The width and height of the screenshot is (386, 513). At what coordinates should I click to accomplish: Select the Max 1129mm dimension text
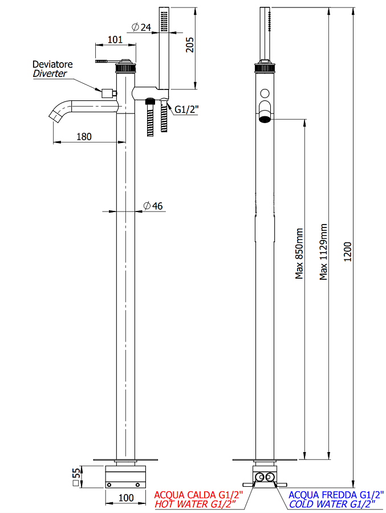pyautogui.click(x=324, y=251)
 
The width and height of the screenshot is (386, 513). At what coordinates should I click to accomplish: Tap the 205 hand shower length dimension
pyautogui.click(x=190, y=44)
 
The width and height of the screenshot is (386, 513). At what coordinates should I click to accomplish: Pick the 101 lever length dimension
pyautogui.click(x=115, y=40)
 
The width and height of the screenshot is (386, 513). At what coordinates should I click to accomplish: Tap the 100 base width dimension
pyautogui.click(x=126, y=498)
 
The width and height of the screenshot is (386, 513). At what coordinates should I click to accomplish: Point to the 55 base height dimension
pyautogui.click(x=76, y=477)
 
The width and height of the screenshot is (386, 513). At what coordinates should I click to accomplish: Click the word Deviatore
pyautogui.click(x=52, y=64)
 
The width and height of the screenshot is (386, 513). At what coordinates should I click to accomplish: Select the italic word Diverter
pyautogui.click(x=50, y=74)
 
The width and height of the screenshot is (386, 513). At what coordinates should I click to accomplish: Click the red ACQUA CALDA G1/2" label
pyautogui.click(x=199, y=495)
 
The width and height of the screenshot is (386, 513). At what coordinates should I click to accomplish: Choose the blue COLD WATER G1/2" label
pyautogui.click(x=332, y=504)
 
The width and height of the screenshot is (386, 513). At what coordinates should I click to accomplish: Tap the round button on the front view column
pyautogui.click(x=265, y=93)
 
